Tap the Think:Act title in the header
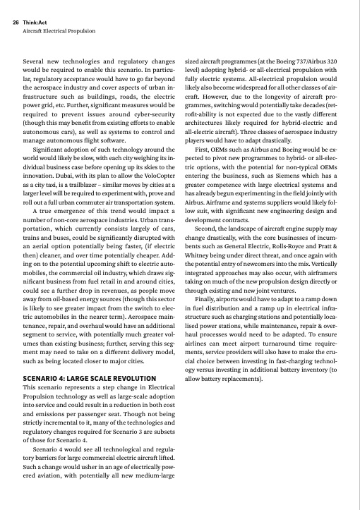tap(37, 22)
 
